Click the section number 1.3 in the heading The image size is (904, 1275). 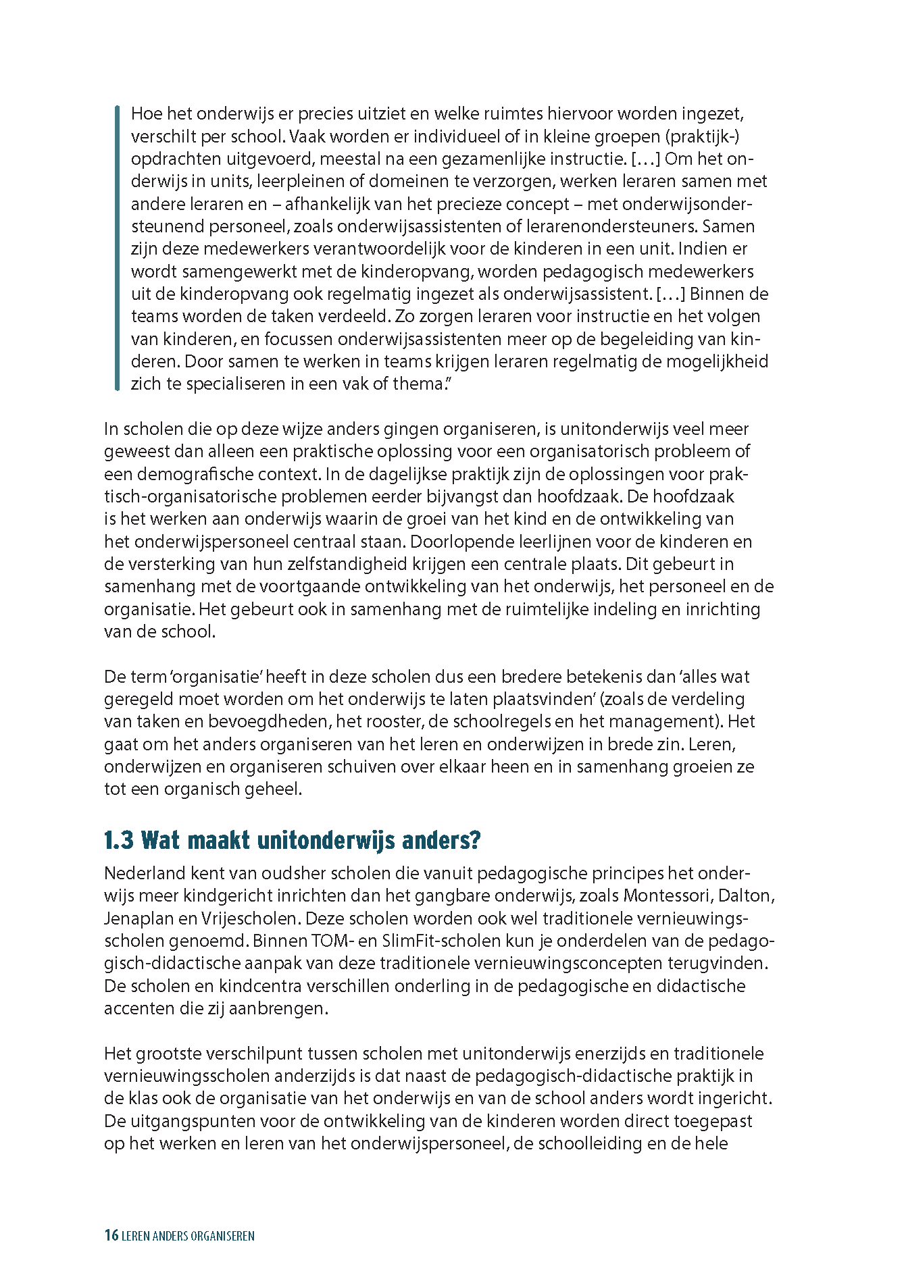(x=119, y=841)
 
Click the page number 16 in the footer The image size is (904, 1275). (x=111, y=1236)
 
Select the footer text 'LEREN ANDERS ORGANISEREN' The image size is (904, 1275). (x=188, y=1237)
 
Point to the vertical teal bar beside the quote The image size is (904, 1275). (x=117, y=248)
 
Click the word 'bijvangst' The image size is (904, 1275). (x=457, y=496)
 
